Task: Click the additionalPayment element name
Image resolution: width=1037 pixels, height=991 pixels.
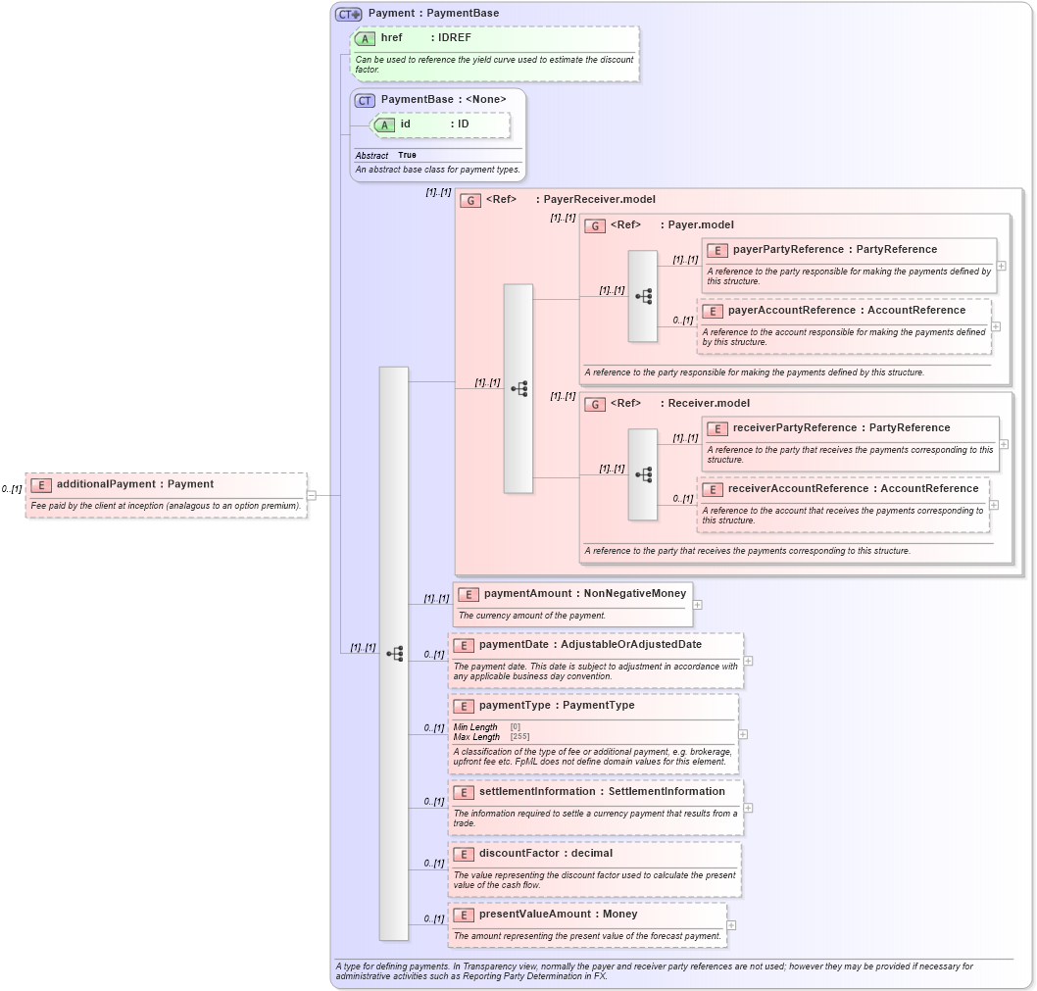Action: pyautogui.click(x=106, y=484)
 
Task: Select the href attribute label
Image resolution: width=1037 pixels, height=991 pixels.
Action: pyautogui.click(x=391, y=38)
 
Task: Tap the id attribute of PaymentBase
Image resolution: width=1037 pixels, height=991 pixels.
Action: pyautogui.click(x=404, y=124)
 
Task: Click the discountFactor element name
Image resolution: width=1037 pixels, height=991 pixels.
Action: pyautogui.click(x=518, y=854)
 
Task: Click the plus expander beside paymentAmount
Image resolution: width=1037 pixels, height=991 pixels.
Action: pyautogui.click(x=698, y=605)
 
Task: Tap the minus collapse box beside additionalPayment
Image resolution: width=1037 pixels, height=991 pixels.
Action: pyautogui.click(x=312, y=495)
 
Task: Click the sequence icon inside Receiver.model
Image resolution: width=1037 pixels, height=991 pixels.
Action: pyautogui.click(x=644, y=474)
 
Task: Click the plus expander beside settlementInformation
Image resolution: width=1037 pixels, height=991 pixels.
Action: pyautogui.click(x=749, y=808)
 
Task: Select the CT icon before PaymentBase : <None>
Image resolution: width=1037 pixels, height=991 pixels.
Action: pyautogui.click(x=365, y=100)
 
